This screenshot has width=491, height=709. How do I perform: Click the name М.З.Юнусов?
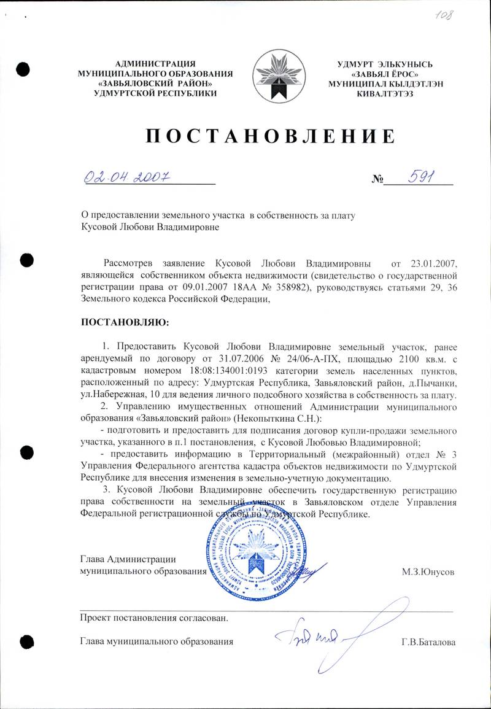(428, 571)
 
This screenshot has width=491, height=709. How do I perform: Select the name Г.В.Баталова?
(428, 642)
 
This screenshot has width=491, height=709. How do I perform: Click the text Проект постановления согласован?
(154, 618)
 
